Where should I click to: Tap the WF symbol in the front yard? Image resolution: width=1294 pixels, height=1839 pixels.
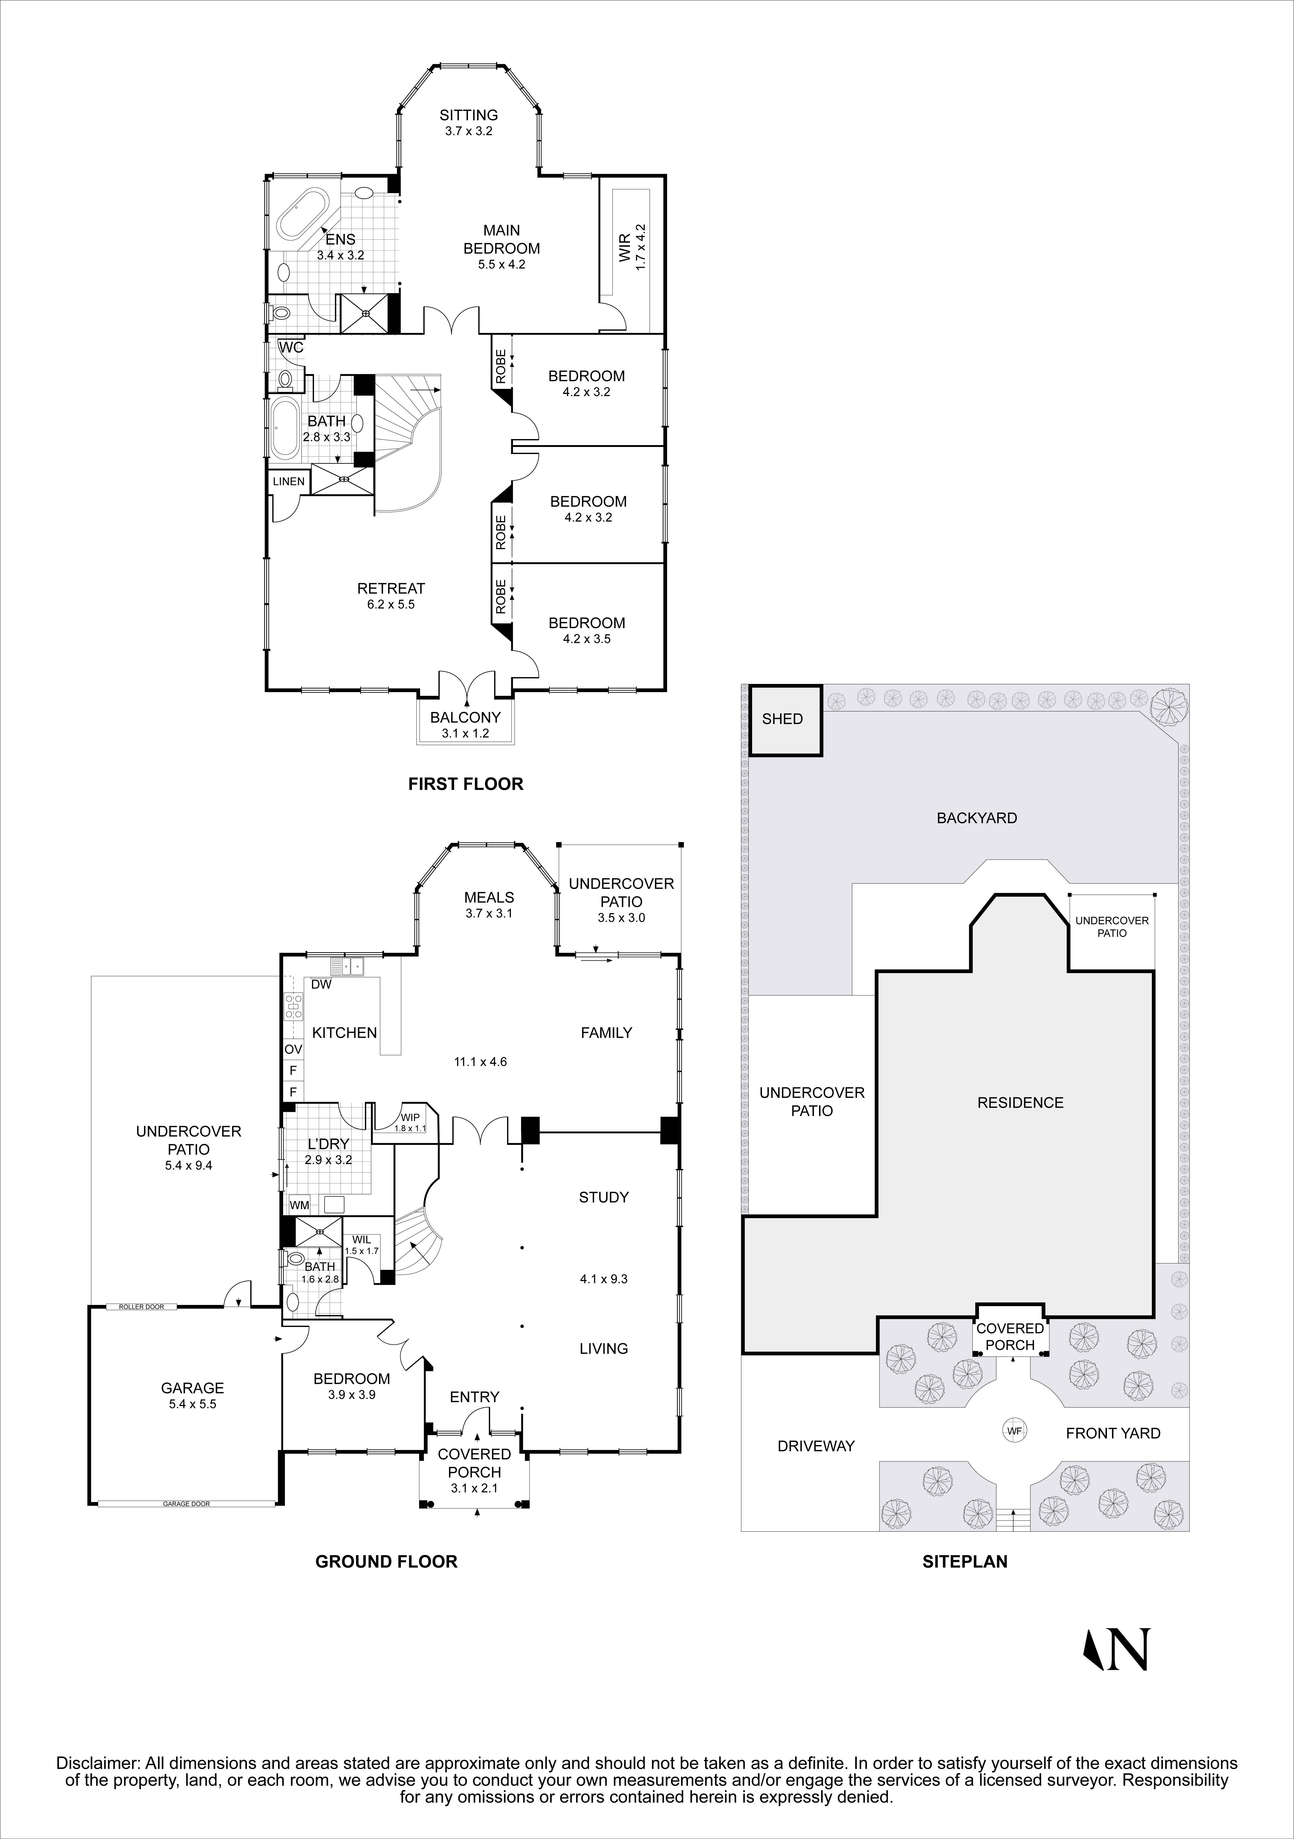click(1014, 1430)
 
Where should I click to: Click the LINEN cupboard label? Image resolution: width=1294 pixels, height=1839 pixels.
click(288, 481)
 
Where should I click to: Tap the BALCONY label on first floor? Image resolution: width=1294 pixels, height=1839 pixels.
click(465, 718)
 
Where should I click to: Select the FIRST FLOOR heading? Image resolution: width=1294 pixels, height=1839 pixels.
click(465, 784)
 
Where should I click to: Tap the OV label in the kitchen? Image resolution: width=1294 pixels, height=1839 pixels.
click(293, 1048)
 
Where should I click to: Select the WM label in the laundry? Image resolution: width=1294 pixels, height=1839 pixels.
click(299, 1205)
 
